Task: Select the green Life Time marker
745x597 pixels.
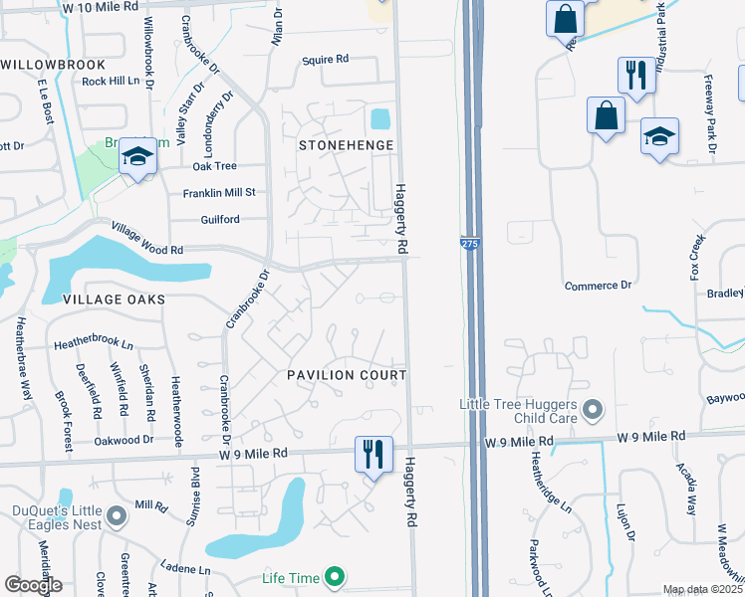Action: pyautogui.click(x=336, y=577)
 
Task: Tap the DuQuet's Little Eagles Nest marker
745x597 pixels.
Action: pyautogui.click(x=117, y=515)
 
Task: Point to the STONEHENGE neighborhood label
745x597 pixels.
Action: pyautogui.click(x=347, y=145)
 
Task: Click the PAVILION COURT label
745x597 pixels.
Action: pyautogui.click(x=347, y=375)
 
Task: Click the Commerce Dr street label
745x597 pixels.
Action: pyautogui.click(x=599, y=286)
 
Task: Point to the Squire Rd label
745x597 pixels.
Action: pyautogui.click(x=326, y=60)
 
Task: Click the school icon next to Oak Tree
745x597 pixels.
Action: pyautogui.click(x=137, y=157)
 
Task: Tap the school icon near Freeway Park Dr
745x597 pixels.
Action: pyautogui.click(x=659, y=136)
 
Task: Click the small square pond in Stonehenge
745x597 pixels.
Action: pyautogui.click(x=380, y=119)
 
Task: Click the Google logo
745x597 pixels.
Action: pyautogui.click(x=33, y=585)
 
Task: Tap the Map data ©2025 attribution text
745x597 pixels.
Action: pyautogui.click(x=702, y=590)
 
